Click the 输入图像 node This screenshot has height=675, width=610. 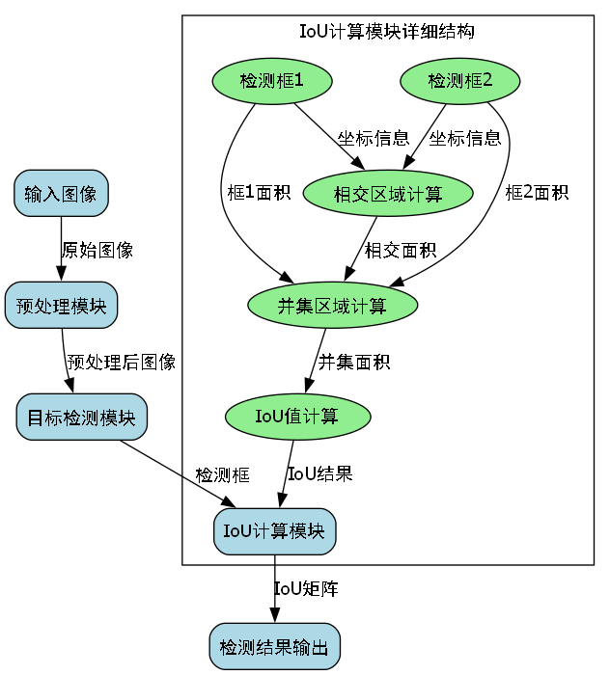tap(61, 194)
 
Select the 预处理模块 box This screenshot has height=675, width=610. tap(61, 306)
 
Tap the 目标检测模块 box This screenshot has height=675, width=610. tap(81, 418)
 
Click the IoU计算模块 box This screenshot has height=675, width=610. tap(275, 530)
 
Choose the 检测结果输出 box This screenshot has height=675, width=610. tap(275, 646)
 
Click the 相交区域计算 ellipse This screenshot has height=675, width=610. tap(388, 194)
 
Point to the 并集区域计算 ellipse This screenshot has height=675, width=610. tap(333, 306)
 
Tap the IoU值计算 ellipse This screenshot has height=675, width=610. tap(297, 418)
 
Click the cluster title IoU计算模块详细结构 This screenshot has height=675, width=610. tap(387, 31)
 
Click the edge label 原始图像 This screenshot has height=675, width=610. tap(97, 250)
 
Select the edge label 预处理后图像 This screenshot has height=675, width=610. tap(122, 363)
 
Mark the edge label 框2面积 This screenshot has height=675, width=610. tap(537, 193)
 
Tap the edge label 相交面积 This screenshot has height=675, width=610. tap(401, 250)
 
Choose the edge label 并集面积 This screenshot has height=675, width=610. tap(354, 363)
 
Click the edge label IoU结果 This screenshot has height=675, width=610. tap(319, 474)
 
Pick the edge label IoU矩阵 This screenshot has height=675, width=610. tap(306, 588)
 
